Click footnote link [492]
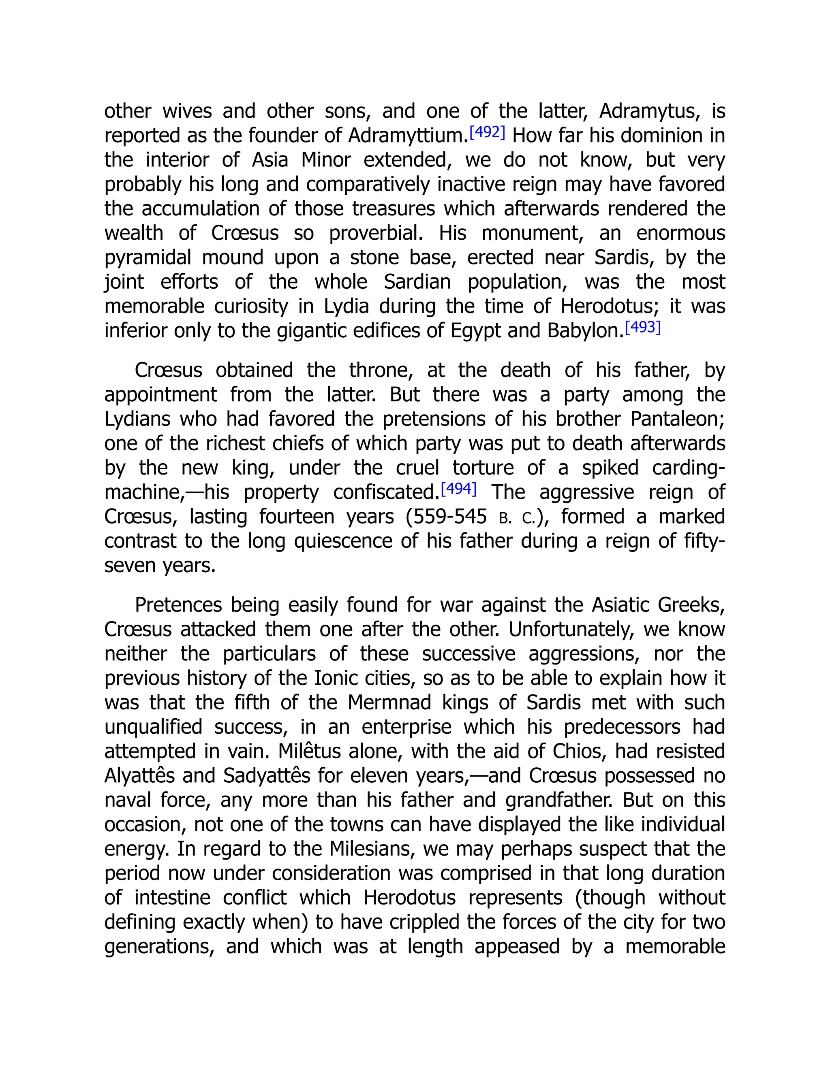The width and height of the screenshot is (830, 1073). [487, 133]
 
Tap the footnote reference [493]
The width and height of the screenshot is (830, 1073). [643, 328]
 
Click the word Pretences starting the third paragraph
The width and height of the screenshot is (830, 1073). [178, 605]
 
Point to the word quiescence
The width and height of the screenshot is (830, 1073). [343, 541]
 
